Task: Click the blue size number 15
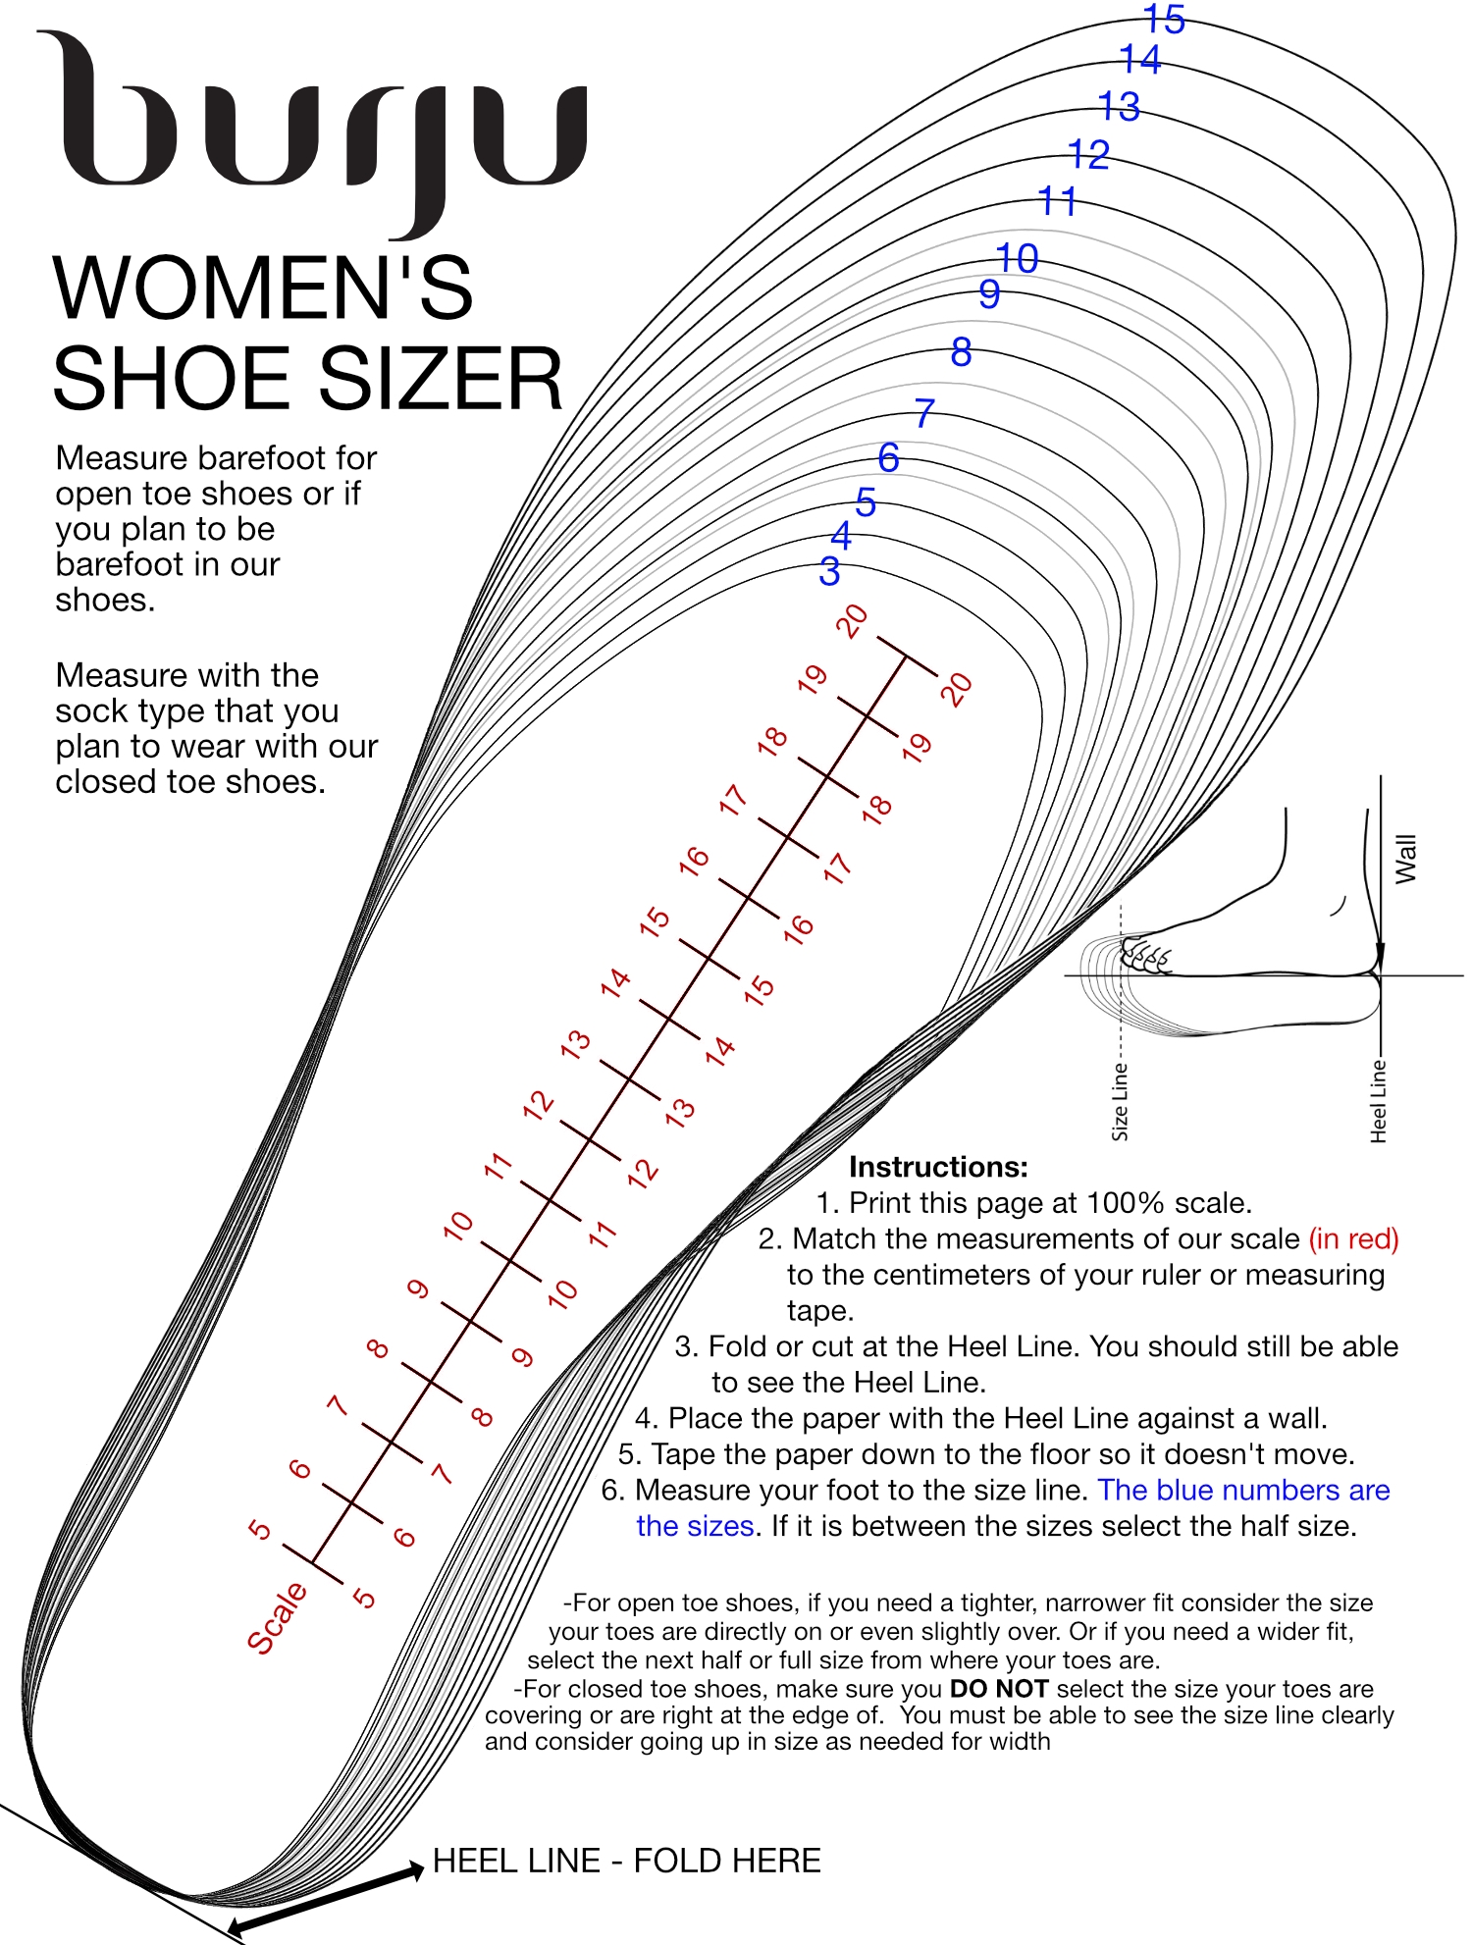1165,19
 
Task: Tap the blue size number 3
829,571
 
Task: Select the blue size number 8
961,352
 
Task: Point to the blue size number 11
1057,202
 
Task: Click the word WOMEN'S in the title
263,289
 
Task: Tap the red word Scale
276,1617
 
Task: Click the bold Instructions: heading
938,1167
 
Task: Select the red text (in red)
1353,1238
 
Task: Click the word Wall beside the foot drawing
1405,859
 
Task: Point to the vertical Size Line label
1120,1101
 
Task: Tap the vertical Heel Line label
1378,1100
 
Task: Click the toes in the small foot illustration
1145,955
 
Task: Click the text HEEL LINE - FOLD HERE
626,1861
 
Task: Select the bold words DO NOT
998,1688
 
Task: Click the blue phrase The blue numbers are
1243,1490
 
